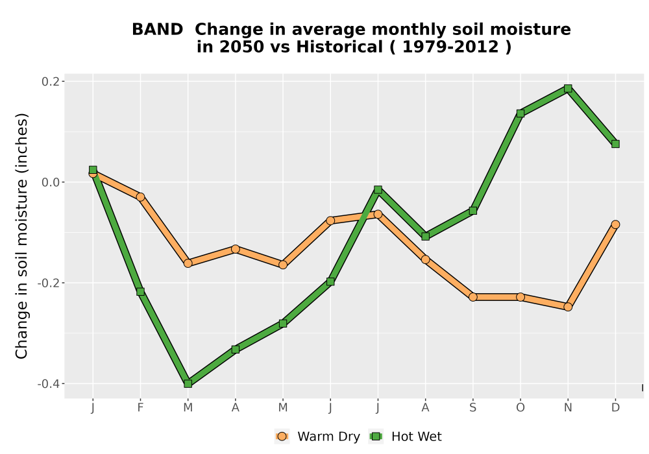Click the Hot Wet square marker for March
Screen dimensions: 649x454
[x=188, y=384]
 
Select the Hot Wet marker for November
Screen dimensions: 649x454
[x=568, y=88]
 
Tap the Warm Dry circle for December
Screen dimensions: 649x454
[x=615, y=224]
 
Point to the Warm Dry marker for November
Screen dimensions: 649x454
[x=568, y=307]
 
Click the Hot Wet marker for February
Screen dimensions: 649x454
[x=140, y=292]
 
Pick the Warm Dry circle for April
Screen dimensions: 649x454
[x=236, y=249]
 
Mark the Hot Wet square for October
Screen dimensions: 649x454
[x=520, y=113]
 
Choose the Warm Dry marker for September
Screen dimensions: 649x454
[x=473, y=297]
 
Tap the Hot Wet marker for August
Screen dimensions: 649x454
[x=426, y=237]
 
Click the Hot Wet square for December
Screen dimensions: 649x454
[x=615, y=144]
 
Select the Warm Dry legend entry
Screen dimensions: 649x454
[x=317, y=436]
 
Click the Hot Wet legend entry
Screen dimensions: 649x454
[x=405, y=436]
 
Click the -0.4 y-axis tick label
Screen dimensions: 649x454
[x=48, y=384]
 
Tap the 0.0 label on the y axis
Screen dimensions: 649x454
[x=50, y=182]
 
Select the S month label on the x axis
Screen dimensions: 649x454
[x=472, y=408]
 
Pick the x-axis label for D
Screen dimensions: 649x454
[x=615, y=408]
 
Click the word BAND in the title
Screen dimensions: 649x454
[x=157, y=29]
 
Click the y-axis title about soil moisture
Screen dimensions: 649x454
[x=21, y=235]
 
